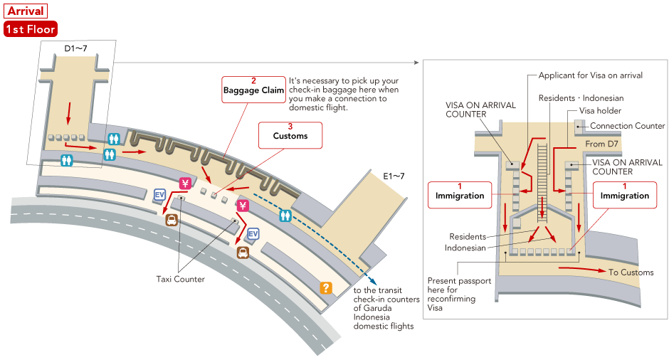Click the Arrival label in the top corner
26,11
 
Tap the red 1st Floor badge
30,29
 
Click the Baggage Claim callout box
253,90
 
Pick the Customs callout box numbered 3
290,134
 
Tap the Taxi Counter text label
180,279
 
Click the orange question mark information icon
326,287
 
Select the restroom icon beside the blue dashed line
285,215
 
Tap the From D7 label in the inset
600,144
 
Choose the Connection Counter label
628,126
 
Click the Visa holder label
600,111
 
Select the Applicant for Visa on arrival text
590,75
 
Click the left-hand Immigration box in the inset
459,195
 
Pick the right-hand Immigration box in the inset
624,195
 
